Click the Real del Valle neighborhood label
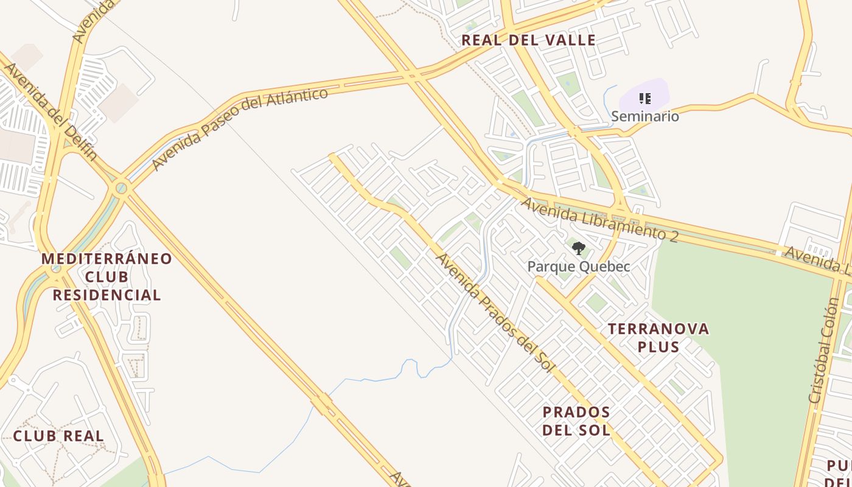coord(528,41)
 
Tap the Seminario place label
coord(644,116)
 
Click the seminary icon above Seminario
coord(645,98)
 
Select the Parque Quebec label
coord(578,267)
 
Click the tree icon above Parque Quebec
coord(578,248)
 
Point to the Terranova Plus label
coord(658,338)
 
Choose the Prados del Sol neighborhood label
coord(576,421)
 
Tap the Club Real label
coord(58,436)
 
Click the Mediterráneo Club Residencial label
coord(106,277)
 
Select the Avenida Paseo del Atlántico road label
coord(240,128)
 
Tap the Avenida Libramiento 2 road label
coord(599,220)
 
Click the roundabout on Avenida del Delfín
coord(122,188)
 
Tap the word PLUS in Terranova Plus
coord(658,347)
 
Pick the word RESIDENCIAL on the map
coord(106,295)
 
